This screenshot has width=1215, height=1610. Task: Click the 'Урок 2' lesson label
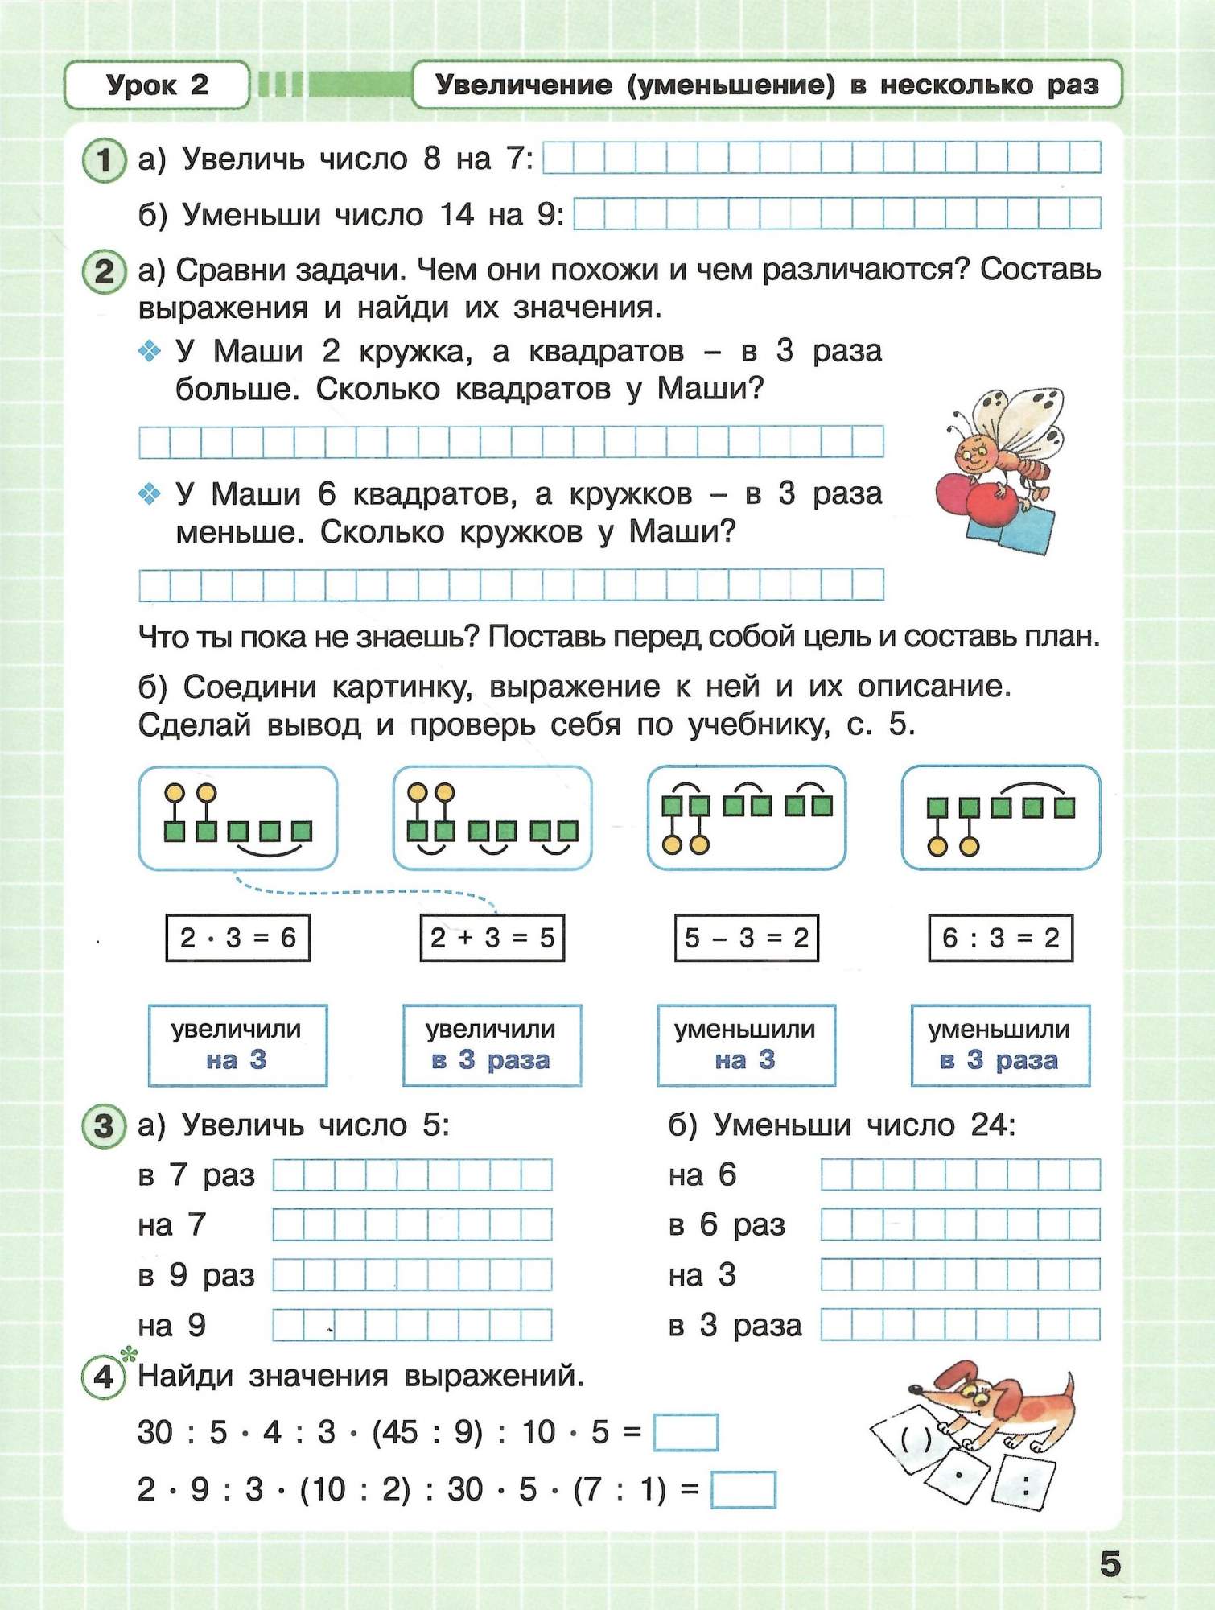click(x=157, y=85)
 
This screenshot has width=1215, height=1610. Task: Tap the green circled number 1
click(x=104, y=160)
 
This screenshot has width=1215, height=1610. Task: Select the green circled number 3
click(x=104, y=1125)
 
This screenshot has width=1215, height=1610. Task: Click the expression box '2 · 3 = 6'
click(x=237, y=938)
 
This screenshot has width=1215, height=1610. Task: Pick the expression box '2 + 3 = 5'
click(x=492, y=938)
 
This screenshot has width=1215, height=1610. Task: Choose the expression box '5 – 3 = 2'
click(x=746, y=938)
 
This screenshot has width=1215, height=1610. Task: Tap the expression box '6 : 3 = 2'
click(x=1000, y=938)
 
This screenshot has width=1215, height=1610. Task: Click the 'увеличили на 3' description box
click(x=237, y=1045)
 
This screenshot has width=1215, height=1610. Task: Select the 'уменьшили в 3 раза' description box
click(x=1000, y=1045)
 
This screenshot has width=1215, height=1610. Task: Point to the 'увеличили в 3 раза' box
click(x=492, y=1045)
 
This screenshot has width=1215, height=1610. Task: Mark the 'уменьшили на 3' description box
click(x=746, y=1045)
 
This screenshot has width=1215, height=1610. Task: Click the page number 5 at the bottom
click(x=1110, y=1564)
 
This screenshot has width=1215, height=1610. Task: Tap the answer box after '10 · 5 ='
click(x=686, y=1432)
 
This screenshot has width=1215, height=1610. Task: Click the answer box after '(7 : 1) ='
click(x=743, y=1489)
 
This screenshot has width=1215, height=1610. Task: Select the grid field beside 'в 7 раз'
click(x=412, y=1175)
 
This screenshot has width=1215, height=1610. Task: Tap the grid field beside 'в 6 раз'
click(x=960, y=1225)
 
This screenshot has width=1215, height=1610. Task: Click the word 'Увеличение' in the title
click(x=523, y=85)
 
